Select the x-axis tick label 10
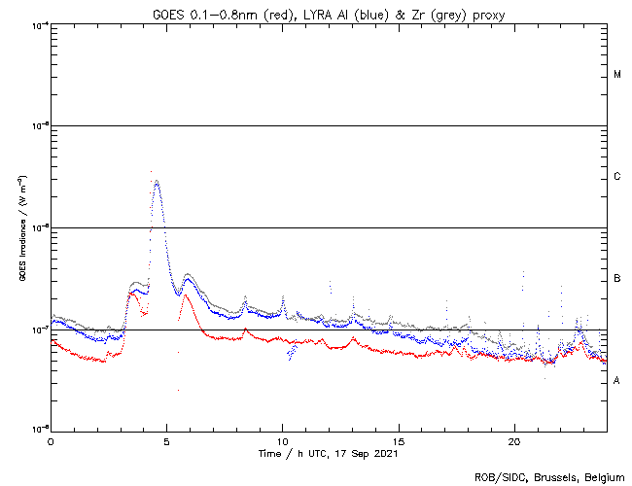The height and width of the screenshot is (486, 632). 282,440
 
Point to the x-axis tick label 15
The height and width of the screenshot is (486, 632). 398,440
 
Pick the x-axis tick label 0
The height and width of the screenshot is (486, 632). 51,440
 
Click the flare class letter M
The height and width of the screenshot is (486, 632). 617,74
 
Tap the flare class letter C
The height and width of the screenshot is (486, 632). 617,176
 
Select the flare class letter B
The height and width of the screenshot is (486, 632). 617,279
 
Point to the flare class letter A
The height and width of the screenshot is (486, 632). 617,380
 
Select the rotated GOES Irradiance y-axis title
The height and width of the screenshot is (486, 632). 21,228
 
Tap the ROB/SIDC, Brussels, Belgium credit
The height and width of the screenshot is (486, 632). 548,476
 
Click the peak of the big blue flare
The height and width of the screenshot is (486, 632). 157,180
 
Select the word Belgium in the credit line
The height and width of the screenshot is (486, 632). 602,476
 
